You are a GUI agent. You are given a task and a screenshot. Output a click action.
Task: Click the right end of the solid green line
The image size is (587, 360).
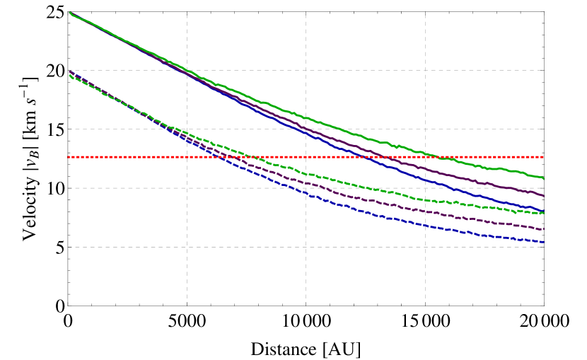pyautogui.click(x=543, y=179)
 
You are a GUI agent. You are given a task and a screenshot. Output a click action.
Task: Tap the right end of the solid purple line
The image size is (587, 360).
pyautogui.click(x=543, y=196)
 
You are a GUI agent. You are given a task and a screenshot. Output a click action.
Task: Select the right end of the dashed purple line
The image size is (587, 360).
pyautogui.click(x=543, y=229)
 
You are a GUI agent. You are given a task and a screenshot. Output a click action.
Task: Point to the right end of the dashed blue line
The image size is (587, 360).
pyautogui.click(x=543, y=242)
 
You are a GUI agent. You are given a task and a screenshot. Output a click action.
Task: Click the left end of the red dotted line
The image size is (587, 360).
pyautogui.click(x=69, y=156)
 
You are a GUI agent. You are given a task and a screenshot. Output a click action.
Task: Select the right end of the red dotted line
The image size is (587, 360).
pyautogui.click(x=543, y=156)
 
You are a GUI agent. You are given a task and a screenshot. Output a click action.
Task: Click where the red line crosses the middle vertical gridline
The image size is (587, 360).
pyautogui.click(x=306, y=156)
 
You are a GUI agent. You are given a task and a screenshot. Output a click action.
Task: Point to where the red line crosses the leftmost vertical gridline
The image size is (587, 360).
pyautogui.click(x=187, y=156)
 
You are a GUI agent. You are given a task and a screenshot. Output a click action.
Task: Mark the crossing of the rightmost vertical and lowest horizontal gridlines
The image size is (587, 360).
pyautogui.click(x=425, y=247)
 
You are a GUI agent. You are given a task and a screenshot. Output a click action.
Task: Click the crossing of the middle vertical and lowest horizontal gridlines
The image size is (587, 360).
pyautogui.click(x=306, y=247)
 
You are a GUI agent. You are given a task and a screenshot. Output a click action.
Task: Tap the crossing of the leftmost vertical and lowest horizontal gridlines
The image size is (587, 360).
pyautogui.click(x=187, y=247)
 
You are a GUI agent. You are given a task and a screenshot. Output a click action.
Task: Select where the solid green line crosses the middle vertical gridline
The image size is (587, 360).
pyautogui.click(x=306, y=117)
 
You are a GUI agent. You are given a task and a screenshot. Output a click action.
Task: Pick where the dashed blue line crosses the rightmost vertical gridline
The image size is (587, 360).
pyautogui.click(x=425, y=226)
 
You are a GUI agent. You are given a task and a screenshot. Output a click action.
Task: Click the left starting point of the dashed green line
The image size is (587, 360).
pyautogui.click(x=69, y=76)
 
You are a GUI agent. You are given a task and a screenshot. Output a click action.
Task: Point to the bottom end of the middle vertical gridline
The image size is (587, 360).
pyautogui.click(x=306, y=304)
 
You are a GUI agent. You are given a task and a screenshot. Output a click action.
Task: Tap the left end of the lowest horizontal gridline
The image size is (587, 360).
pyautogui.click(x=69, y=247)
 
